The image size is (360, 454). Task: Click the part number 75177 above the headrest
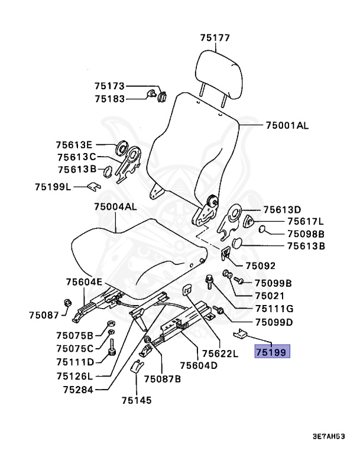[x=214, y=38]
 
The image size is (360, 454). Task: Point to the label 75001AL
[x=287, y=125]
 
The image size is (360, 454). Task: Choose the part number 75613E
[x=74, y=144]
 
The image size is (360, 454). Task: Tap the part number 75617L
[x=306, y=221]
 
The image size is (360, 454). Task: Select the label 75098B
[x=306, y=234]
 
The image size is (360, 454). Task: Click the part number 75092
[x=260, y=265]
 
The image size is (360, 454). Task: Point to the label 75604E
[x=84, y=281]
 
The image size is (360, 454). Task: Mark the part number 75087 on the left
[x=44, y=316]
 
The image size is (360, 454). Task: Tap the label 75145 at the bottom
[x=137, y=400]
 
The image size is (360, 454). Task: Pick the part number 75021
[x=270, y=296]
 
